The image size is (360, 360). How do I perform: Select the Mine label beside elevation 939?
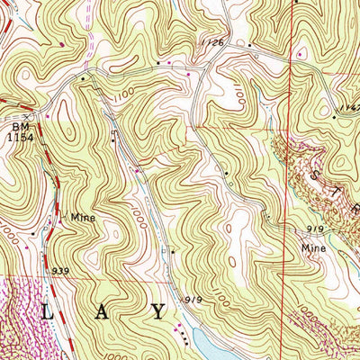pos(85,217)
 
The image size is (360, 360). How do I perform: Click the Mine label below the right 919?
pos(313,244)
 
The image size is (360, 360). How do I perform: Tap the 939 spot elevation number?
pos(61,270)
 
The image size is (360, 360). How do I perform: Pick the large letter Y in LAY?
pos(158,313)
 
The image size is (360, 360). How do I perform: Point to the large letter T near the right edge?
pos(341,191)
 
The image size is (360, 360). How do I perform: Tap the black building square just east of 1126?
pos(250,43)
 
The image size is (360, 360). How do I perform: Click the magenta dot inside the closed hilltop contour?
pos(60,42)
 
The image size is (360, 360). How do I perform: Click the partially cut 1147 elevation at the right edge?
pos(350,106)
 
